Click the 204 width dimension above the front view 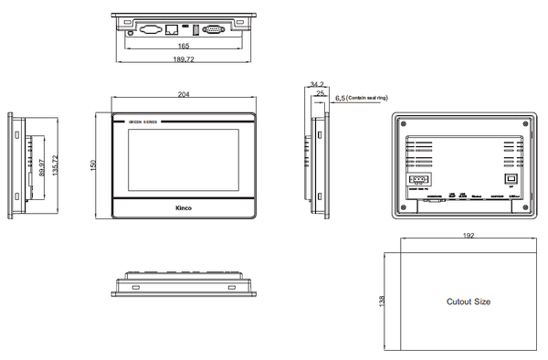coord(184,94)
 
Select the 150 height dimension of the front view coord(93,164)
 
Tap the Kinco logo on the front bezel coord(184,208)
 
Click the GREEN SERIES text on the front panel coord(143,122)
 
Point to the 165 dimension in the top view coord(184,45)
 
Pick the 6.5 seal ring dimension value coord(340,97)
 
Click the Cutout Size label coord(468,301)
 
